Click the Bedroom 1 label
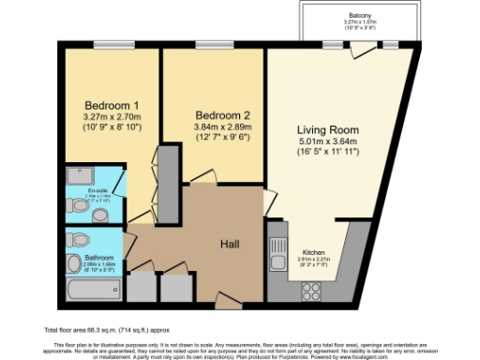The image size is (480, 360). pyautogui.click(x=112, y=104)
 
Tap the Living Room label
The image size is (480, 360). pyautogui.click(x=328, y=130)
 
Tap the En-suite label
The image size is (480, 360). pyautogui.click(x=98, y=191)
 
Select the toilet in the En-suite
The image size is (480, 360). pyautogui.click(x=101, y=215)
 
